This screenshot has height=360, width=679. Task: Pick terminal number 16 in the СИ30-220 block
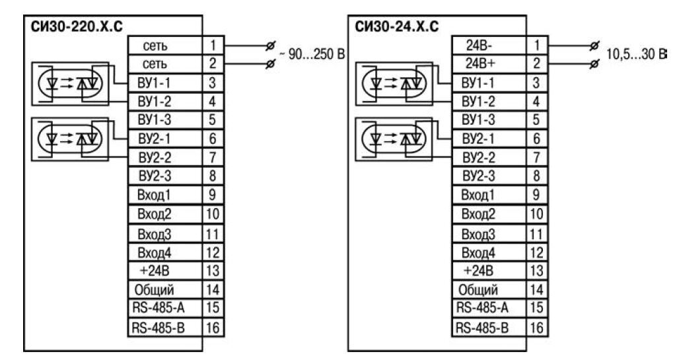211,326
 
